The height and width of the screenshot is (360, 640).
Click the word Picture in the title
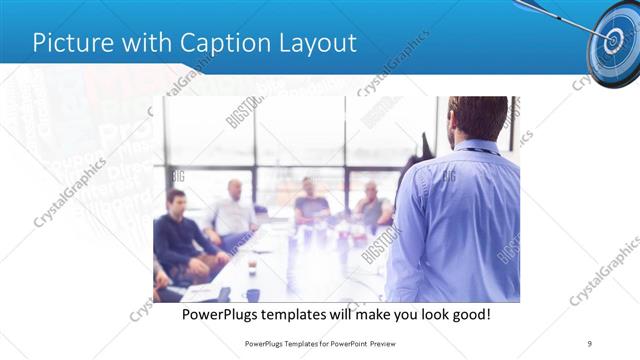point(71,43)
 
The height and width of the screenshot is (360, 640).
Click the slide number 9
point(590,343)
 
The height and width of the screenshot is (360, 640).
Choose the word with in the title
point(148,43)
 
